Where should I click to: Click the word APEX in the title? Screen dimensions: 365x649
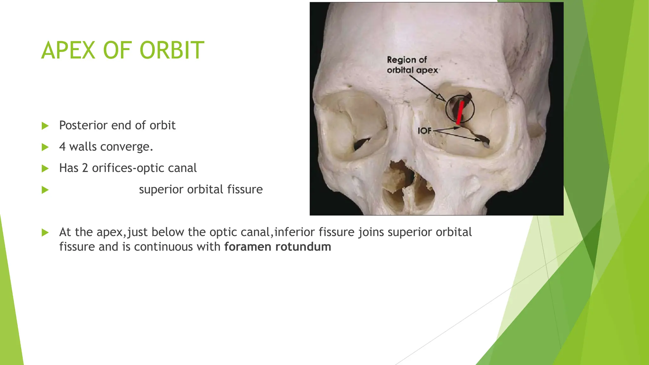click(68, 50)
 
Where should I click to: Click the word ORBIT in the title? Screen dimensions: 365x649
click(172, 50)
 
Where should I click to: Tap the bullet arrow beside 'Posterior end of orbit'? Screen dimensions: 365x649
click(45, 126)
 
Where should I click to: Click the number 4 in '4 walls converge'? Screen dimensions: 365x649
click(62, 147)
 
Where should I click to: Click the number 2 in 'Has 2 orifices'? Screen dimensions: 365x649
click(85, 168)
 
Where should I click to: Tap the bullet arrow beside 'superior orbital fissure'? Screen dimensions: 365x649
click(45, 190)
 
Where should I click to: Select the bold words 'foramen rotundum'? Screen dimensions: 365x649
click(278, 247)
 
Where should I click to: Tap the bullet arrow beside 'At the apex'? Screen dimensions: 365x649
click(45, 233)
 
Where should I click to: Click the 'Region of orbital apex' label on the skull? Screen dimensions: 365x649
click(412, 65)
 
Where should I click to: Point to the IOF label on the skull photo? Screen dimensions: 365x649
click(425, 130)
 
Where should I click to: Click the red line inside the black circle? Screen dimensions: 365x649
click(460, 112)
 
